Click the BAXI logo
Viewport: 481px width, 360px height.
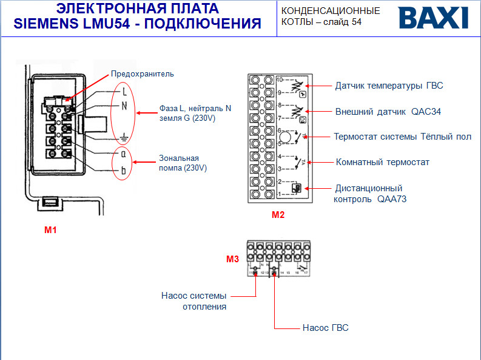pos(433,18)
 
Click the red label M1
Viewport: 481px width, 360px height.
pos(50,230)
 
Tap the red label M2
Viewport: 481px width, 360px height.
pos(278,214)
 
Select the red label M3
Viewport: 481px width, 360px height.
pos(232,259)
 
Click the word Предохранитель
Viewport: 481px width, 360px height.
pos(142,74)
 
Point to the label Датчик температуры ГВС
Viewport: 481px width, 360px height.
pos(389,86)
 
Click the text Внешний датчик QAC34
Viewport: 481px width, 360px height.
pos(388,112)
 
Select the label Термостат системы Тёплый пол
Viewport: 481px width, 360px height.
pos(402,137)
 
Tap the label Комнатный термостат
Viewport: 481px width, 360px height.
pos(382,162)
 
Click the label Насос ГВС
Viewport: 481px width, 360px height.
pos(325,328)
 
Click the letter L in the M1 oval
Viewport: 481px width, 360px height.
pos(124,92)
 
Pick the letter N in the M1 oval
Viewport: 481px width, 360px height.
pos(124,106)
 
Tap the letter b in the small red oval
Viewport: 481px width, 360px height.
pos(124,171)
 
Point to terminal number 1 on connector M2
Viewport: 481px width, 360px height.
pos(280,194)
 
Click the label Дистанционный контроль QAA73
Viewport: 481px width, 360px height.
pos(368,194)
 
